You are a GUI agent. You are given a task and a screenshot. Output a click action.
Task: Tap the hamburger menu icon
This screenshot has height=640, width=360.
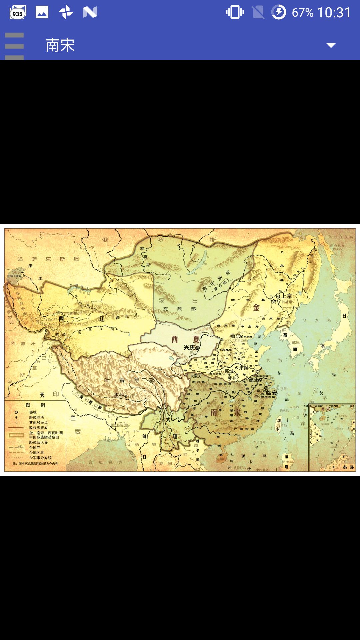click(x=14, y=46)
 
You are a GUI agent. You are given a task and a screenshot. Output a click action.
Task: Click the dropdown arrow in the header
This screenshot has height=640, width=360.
click(x=331, y=45)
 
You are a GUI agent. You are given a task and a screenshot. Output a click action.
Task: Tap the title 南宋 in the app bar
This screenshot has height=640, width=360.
click(x=60, y=45)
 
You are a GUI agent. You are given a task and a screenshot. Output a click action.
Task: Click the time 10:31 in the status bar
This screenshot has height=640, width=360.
click(x=334, y=13)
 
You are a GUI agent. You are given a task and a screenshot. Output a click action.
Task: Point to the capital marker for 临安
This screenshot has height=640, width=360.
click(x=266, y=388)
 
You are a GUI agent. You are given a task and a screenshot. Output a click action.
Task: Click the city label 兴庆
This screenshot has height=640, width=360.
click(x=189, y=348)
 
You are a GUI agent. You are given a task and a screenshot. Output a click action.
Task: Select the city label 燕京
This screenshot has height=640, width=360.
click(x=235, y=336)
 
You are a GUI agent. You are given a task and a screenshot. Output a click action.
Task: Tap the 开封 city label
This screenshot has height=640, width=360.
click(x=243, y=368)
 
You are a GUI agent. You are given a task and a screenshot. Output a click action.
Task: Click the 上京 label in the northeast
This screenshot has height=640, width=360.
click(x=286, y=296)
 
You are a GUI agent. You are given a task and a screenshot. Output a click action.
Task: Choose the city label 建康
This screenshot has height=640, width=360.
click(x=254, y=380)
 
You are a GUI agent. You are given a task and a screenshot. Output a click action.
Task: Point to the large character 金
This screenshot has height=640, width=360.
click(x=256, y=307)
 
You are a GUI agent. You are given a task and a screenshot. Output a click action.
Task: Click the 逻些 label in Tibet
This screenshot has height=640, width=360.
click(x=119, y=395)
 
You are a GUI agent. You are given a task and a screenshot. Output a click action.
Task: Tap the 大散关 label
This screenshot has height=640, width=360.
click(x=196, y=376)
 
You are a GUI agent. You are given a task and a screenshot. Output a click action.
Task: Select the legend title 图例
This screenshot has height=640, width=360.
click(x=35, y=405)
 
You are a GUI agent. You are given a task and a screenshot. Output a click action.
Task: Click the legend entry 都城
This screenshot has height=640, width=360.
click(x=33, y=412)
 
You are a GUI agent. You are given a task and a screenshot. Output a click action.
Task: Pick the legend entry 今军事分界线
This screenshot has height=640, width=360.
click(x=40, y=458)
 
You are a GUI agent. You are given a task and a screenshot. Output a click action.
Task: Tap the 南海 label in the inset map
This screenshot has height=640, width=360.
click(x=348, y=467)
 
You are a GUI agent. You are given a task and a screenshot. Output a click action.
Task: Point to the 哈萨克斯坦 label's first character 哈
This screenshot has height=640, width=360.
click(x=20, y=259)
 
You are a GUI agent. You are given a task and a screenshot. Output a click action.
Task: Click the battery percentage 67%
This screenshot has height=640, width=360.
click(x=302, y=13)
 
